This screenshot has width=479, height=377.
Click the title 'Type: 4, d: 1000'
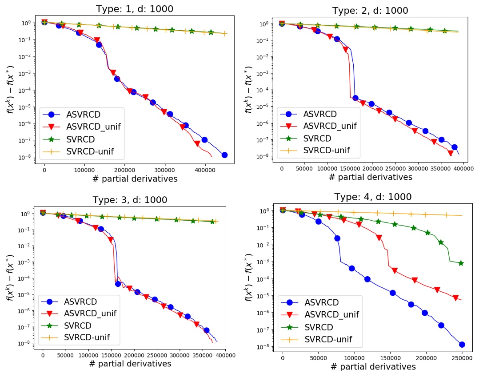pos(372,197)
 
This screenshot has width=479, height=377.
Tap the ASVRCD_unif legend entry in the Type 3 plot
pos(90,313)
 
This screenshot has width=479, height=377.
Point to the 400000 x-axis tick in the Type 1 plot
pos(178,170)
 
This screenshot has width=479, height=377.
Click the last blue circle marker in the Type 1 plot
pos(224,155)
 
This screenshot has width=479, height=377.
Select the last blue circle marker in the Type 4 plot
pos(462,344)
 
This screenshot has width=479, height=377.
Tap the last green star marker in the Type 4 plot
pos(461,263)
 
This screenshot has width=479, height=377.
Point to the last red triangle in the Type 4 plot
pos(455,298)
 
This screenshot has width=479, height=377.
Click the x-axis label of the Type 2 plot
pos(371,177)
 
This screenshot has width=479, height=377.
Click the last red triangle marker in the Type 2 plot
pos(451,153)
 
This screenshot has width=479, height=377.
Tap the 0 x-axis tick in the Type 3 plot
pos(43,355)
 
